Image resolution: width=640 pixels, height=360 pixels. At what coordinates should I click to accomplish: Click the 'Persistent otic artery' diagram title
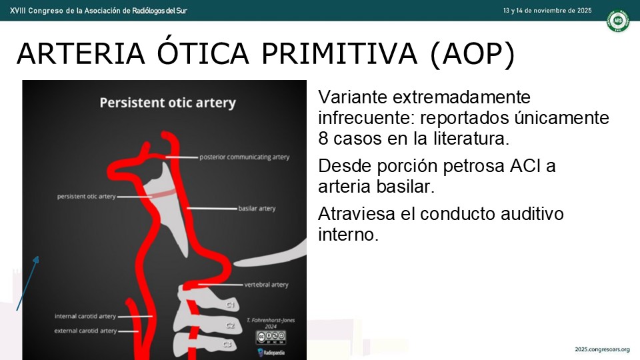168,103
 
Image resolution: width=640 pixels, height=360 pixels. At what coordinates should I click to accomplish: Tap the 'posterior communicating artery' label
244,157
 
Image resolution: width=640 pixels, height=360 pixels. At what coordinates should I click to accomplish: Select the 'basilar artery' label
257,209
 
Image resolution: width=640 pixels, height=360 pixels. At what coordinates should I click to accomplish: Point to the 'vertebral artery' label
266,285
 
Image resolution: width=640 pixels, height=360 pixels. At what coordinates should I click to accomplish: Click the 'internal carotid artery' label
85,316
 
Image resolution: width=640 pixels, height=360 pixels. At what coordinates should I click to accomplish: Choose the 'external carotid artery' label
85,331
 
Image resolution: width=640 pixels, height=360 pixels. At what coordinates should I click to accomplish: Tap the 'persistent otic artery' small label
86,196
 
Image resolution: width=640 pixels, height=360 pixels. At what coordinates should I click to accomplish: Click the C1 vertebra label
230,305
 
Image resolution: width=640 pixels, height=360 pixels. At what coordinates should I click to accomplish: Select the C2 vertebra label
230,325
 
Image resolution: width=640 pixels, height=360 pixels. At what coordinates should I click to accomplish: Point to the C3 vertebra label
227,345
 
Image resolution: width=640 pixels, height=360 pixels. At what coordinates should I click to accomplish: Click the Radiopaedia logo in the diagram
271,352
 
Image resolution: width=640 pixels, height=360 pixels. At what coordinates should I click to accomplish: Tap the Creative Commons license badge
271,337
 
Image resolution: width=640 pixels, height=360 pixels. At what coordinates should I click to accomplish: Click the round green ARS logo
617,21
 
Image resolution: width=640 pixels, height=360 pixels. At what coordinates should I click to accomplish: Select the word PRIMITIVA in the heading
339,53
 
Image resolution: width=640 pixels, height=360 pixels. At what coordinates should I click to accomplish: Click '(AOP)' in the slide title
472,54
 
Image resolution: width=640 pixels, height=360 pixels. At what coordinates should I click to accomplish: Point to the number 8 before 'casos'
323,139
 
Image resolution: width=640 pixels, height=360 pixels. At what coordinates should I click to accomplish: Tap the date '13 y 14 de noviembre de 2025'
547,11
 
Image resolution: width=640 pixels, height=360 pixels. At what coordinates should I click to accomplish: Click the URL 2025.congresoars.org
603,349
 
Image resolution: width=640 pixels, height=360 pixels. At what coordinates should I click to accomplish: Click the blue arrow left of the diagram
28,283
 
